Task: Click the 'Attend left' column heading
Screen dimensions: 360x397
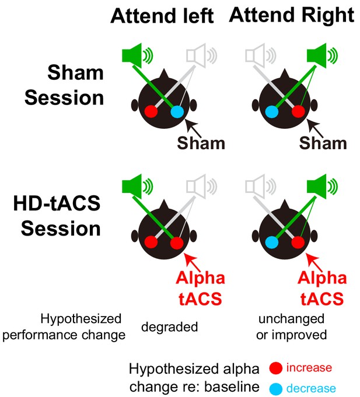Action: coord(162,16)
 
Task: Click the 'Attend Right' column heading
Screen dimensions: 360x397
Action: coord(292,16)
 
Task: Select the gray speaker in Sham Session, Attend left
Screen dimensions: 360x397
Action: coord(201,56)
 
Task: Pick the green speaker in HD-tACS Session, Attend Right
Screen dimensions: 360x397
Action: coord(322,187)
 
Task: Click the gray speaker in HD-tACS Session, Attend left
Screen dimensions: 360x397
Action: coord(201,187)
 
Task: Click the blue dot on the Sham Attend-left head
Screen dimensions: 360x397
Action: coord(177,112)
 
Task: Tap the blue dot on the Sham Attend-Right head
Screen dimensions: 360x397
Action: coord(272,112)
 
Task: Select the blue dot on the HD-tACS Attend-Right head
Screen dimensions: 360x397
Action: coord(272,243)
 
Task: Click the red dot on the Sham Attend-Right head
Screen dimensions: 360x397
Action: coord(298,112)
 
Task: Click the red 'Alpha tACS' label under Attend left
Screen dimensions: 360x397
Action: coord(200,288)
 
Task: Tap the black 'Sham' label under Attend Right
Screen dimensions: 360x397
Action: coord(323,143)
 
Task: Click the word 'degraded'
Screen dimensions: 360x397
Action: coord(169,327)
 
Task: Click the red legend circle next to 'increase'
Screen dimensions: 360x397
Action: coord(275,368)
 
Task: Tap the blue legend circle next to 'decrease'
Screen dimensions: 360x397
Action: coord(275,389)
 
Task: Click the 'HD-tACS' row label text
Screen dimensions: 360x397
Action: coord(57,203)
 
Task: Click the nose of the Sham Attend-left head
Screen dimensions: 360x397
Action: coord(164,74)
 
